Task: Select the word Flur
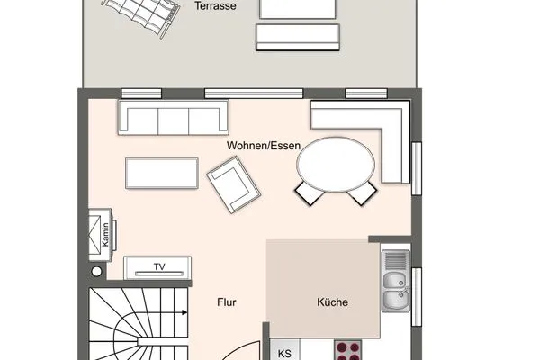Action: pos(226,302)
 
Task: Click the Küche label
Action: pos(332,302)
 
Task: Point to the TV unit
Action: pos(157,266)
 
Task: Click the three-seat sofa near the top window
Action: pos(174,117)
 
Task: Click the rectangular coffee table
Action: pos(162,172)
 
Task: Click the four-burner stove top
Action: pos(348,350)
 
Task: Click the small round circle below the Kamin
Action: pos(96,270)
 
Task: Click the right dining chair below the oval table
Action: pos(361,191)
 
